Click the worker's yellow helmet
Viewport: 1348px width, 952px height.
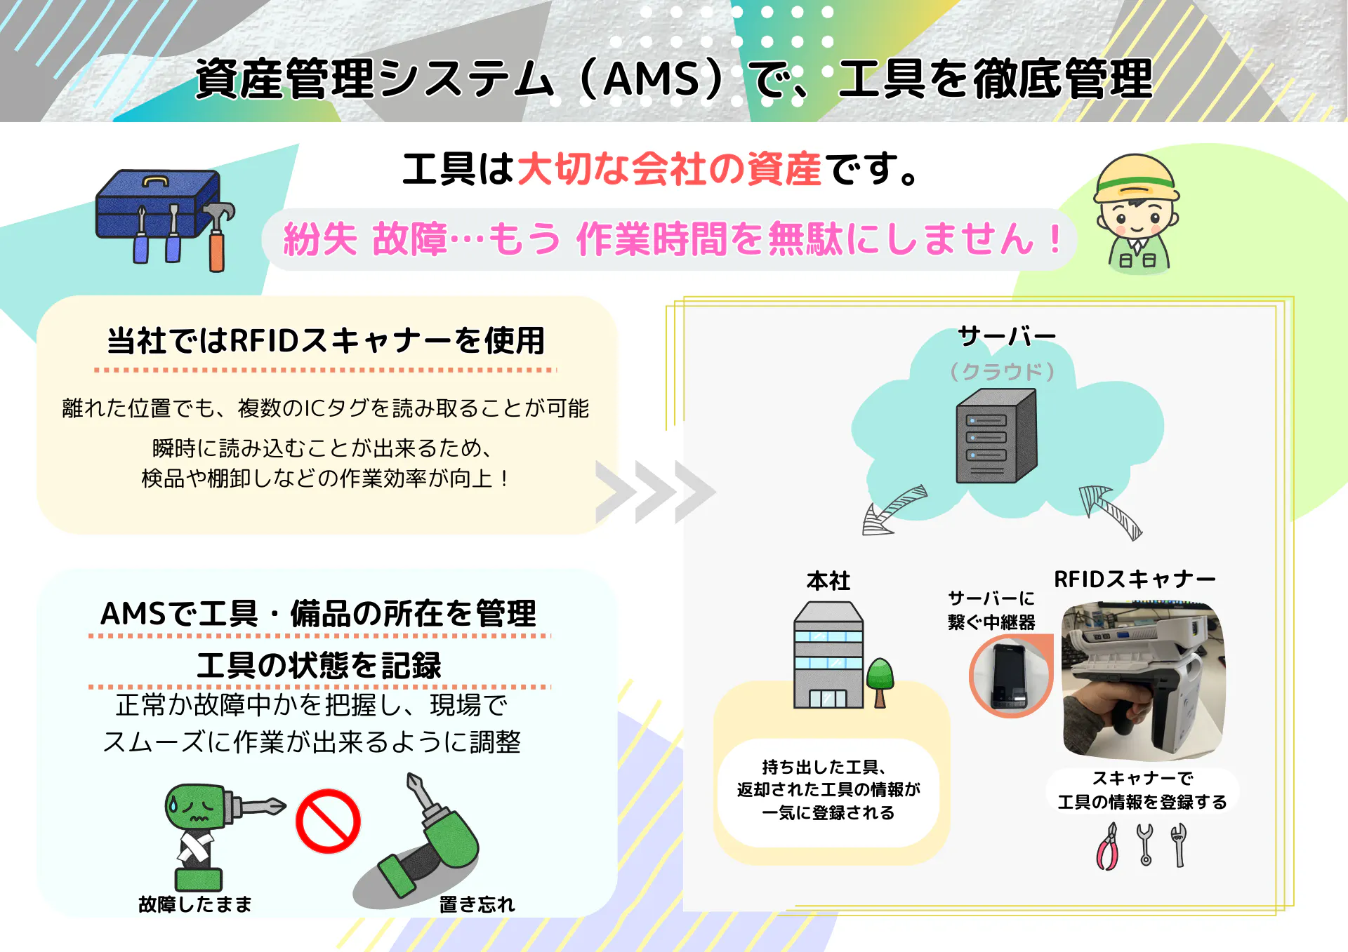point(1137,178)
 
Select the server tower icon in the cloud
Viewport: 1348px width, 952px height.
point(996,436)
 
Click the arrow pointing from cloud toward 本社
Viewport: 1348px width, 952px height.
point(893,510)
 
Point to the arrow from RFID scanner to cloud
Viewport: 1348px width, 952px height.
point(1111,512)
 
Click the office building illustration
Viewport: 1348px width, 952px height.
point(828,655)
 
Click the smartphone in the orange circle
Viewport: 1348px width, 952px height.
point(1010,676)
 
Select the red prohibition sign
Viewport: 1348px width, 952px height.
point(328,822)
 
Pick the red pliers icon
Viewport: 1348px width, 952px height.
point(1108,847)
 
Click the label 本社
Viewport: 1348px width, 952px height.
point(828,581)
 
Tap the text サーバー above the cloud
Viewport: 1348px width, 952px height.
point(1007,337)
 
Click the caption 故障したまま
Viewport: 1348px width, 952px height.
point(195,904)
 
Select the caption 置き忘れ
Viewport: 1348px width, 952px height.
point(477,904)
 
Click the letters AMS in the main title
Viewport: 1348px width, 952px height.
point(652,79)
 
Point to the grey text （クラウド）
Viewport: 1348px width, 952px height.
point(1002,371)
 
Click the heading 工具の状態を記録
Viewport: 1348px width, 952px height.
point(319,665)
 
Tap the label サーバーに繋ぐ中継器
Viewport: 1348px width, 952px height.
point(991,610)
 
